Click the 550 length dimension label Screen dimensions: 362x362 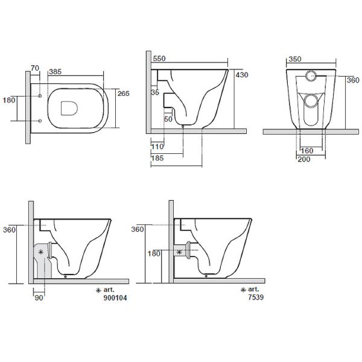(159, 59)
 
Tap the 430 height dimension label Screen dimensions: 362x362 (242, 75)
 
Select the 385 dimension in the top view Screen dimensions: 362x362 (55, 72)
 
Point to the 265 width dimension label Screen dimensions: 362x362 (124, 94)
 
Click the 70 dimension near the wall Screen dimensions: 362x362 (35, 68)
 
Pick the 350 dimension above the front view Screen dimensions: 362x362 (295, 59)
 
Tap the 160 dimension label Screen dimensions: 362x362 (307, 151)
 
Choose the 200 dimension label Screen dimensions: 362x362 (304, 159)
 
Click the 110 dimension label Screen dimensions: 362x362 (157, 147)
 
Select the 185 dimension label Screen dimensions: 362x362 (157, 158)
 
